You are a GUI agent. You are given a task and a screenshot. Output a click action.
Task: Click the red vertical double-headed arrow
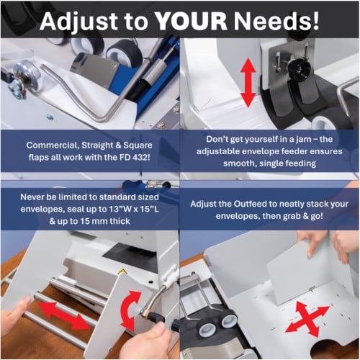click(248, 83)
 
